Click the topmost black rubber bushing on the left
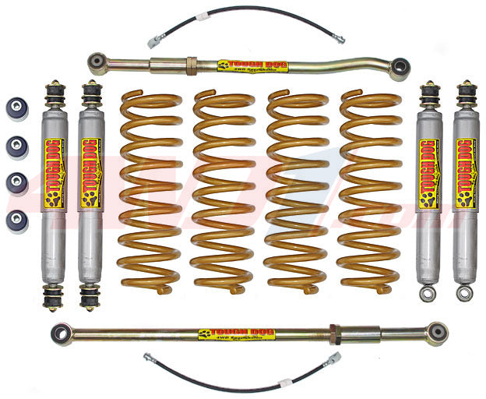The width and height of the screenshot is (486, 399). [16, 107]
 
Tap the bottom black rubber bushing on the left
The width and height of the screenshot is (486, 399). [16, 220]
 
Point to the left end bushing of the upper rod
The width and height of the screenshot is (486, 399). [97, 60]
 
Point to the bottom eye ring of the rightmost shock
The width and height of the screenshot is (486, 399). [465, 294]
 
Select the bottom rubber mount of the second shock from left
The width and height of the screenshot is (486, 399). [90, 297]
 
